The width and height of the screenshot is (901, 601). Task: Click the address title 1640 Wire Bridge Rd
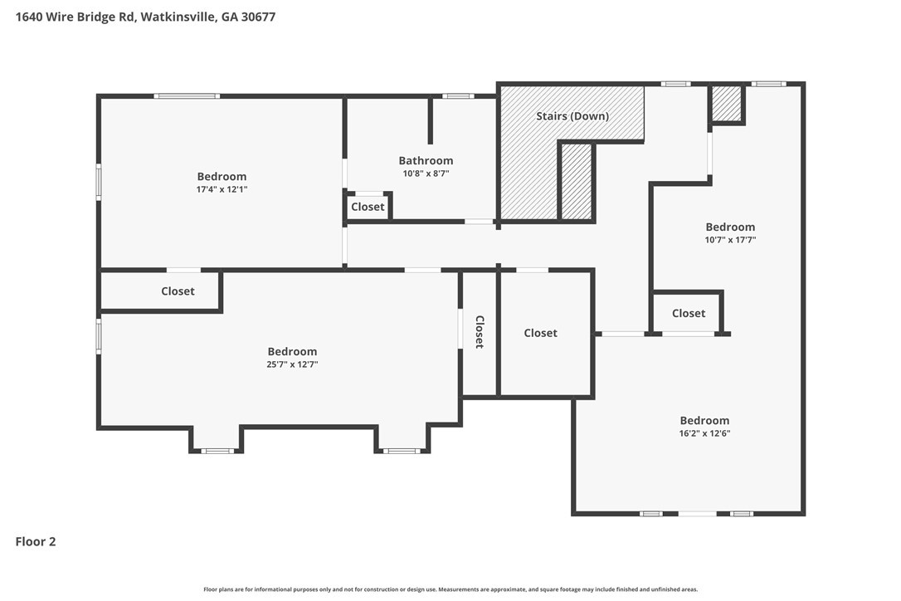(74, 17)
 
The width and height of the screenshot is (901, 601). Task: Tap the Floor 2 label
(36, 542)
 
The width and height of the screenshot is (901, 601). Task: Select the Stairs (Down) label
(572, 116)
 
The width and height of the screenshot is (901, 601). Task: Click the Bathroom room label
(426, 160)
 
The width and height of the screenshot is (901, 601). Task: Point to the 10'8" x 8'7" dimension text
(426, 173)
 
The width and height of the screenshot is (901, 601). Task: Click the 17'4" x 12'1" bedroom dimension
(222, 189)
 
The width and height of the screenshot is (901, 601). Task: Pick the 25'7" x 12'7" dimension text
(292, 364)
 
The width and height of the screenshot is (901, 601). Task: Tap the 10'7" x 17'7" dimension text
(730, 240)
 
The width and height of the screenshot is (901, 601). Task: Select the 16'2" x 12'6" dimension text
(704, 433)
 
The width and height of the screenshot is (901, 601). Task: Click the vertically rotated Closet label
(480, 332)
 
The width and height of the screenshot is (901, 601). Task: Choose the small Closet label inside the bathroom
(368, 207)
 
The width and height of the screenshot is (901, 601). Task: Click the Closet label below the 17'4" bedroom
(178, 291)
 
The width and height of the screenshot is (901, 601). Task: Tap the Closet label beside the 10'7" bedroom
(689, 313)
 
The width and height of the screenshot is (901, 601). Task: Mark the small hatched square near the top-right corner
(727, 104)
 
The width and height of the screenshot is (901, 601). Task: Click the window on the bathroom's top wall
(458, 96)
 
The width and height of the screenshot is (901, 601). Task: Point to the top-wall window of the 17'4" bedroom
(187, 96)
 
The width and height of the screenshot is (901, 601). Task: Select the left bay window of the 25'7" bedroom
(217, 451)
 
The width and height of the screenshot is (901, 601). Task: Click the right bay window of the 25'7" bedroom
(402, 451)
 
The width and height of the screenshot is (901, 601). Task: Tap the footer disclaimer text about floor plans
(450, 589)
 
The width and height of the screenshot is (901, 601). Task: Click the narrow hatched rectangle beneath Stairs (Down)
(577, 182)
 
